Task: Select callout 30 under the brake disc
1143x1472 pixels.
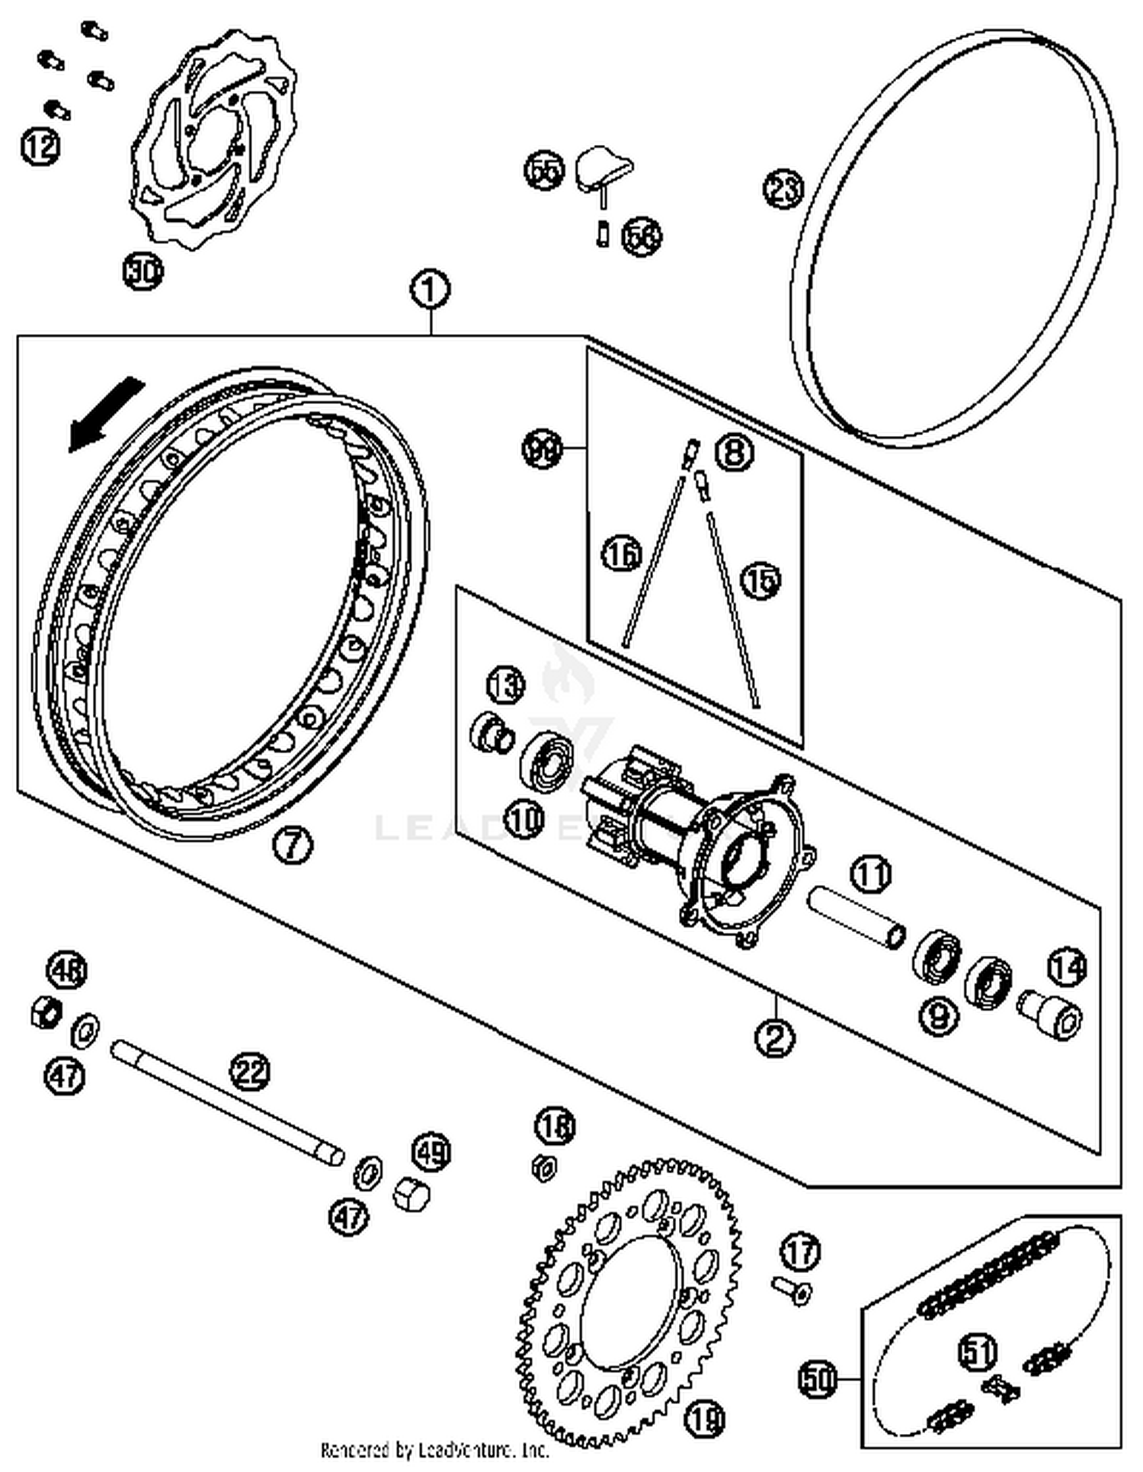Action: click(x=143, y=271)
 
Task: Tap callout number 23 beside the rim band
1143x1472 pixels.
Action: click(x=784, y=188)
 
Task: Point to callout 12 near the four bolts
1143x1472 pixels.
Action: click(x=40, y=146)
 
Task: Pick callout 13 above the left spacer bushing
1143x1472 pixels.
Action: click(x=506, y=684)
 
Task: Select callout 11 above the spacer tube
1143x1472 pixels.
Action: click(x=871, y=874)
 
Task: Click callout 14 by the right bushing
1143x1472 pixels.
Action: click(x=1067, y=969)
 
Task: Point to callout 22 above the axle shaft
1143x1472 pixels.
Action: click(x=251, y=1073)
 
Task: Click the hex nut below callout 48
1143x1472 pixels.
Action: click(x=46, y=1012)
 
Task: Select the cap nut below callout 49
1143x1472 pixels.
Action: click(x=412, y=1192)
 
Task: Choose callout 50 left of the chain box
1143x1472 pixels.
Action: click(x=818, y=1379)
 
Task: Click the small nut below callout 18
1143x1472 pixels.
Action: click(x=544, y=1167)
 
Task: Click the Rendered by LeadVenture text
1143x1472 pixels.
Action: click(x=434, y=1450)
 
